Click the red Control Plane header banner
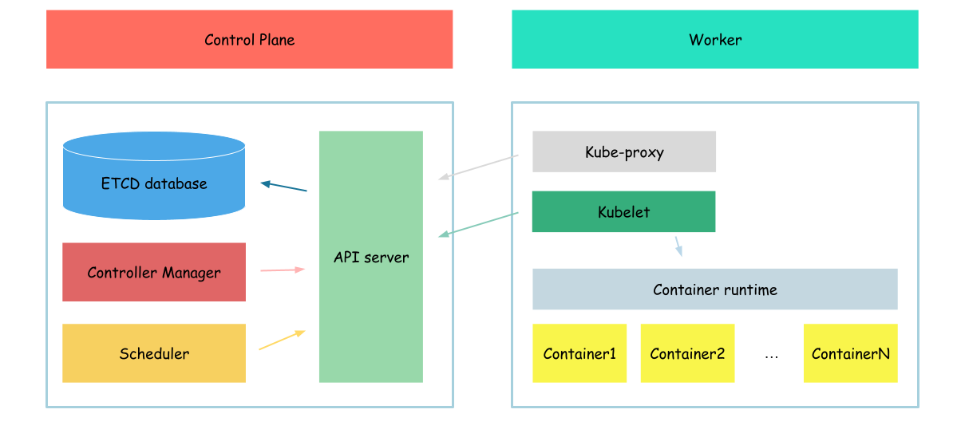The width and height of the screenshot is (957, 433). point(249,39)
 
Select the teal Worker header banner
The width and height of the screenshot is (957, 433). point(714,39)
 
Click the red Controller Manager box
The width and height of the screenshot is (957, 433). point(153,273)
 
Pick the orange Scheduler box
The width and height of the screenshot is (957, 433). point(153,353)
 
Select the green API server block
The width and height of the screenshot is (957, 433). point(370,257)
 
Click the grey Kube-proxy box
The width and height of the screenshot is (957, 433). point(623,152)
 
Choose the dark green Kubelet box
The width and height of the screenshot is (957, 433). point(623,212)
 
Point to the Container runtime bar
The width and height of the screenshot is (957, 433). point(714,289)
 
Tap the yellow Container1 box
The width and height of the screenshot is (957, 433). point(579,353)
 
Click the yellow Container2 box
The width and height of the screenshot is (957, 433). point(686,353)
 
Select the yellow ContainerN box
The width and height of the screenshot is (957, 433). point(850,353)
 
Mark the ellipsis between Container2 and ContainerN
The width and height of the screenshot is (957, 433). point(771,356)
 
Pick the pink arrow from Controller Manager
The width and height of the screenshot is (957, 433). point(283,270)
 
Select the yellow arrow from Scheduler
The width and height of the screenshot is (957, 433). point(282,340)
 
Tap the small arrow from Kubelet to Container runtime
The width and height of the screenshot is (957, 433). point(678,246)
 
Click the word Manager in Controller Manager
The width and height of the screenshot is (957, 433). point(192,273)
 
